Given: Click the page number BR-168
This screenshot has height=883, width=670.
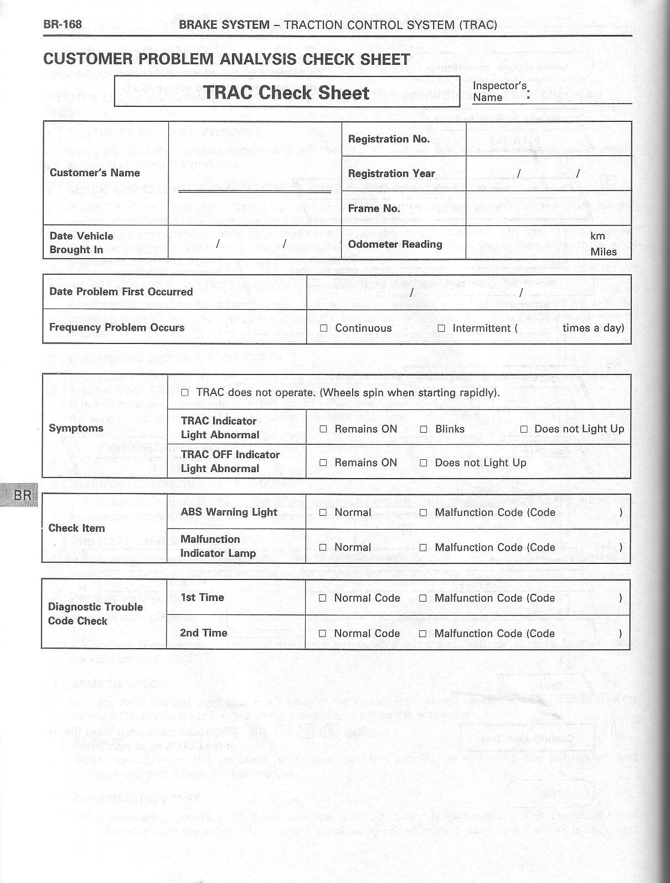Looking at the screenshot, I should (63, 24).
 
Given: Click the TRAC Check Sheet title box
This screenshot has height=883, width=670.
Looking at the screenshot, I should (287, 92).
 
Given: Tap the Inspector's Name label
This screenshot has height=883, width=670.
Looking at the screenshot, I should (499, 91).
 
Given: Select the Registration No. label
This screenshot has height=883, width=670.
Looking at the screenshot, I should (389, 139).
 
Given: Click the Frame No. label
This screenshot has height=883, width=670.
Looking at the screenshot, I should (374, 208).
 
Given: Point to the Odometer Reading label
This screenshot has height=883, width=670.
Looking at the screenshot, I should (395, 244).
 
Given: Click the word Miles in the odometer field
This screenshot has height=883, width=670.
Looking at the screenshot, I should (603, 251).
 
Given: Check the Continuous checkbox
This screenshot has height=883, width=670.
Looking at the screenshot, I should (323, 328).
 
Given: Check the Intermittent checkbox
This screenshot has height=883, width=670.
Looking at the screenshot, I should (441, 328).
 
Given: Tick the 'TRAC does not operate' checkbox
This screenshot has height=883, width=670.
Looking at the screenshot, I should (185, 393).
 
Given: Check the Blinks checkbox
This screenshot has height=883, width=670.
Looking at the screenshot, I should (424, 429).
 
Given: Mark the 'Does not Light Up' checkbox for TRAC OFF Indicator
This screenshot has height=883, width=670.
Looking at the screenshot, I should (424, 463).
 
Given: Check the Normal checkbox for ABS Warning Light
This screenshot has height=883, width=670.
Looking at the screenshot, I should (323, 513).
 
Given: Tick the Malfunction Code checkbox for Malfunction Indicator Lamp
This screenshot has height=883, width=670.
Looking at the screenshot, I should (424, 548).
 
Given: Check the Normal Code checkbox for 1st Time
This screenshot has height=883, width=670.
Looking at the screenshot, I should (323, 598).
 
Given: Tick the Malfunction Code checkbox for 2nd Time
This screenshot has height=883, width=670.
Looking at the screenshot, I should (423, 634).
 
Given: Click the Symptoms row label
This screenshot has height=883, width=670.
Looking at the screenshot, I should (76, 428).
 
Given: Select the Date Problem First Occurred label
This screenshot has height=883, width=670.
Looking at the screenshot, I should (121, 292).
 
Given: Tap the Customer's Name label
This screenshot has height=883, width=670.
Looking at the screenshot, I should (95, 172).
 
